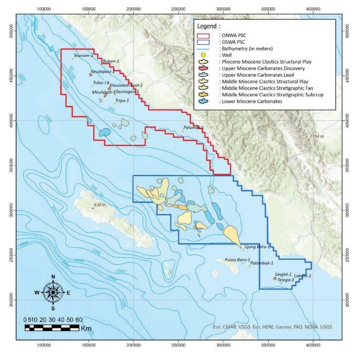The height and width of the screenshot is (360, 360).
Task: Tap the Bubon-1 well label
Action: click(111, 61)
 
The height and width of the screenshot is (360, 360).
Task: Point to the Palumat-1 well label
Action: click(193, 128)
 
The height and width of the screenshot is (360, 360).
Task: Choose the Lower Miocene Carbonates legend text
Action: click(251, 102)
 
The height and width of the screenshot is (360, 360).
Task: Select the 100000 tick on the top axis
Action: click(44, 8)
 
